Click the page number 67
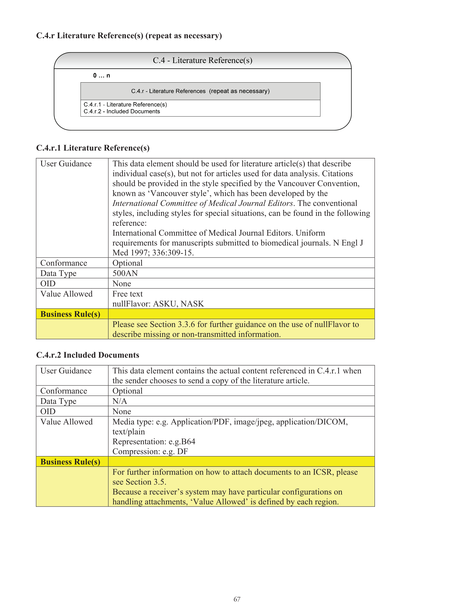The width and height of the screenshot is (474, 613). (237, 599)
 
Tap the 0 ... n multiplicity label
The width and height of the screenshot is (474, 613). (101, 75)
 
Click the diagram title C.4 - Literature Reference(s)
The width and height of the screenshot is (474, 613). (202, 60)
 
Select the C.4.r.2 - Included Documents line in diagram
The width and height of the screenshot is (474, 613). (122, 112)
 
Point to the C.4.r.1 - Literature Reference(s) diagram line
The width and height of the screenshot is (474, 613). (125, 104)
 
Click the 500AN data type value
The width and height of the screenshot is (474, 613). (125, 273)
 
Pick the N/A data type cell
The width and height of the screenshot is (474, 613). (120, 401)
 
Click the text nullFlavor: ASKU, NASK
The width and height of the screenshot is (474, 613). (158, 304)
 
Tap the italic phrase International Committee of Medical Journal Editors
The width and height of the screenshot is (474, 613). (202, 203)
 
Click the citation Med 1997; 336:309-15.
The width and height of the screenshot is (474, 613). (153, 253)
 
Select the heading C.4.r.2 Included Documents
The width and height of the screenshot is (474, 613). (88, 355)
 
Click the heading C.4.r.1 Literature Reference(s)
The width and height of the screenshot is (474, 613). (93, 148)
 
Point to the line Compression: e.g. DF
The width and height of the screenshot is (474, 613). (150, 451)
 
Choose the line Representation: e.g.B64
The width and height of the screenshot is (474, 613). (154, 441)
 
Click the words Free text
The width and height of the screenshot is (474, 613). (128, 294)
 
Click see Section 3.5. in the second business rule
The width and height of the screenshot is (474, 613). (139, 482)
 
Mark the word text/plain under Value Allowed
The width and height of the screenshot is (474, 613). (129, 432)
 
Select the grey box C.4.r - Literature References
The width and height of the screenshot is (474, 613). (200, 91)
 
